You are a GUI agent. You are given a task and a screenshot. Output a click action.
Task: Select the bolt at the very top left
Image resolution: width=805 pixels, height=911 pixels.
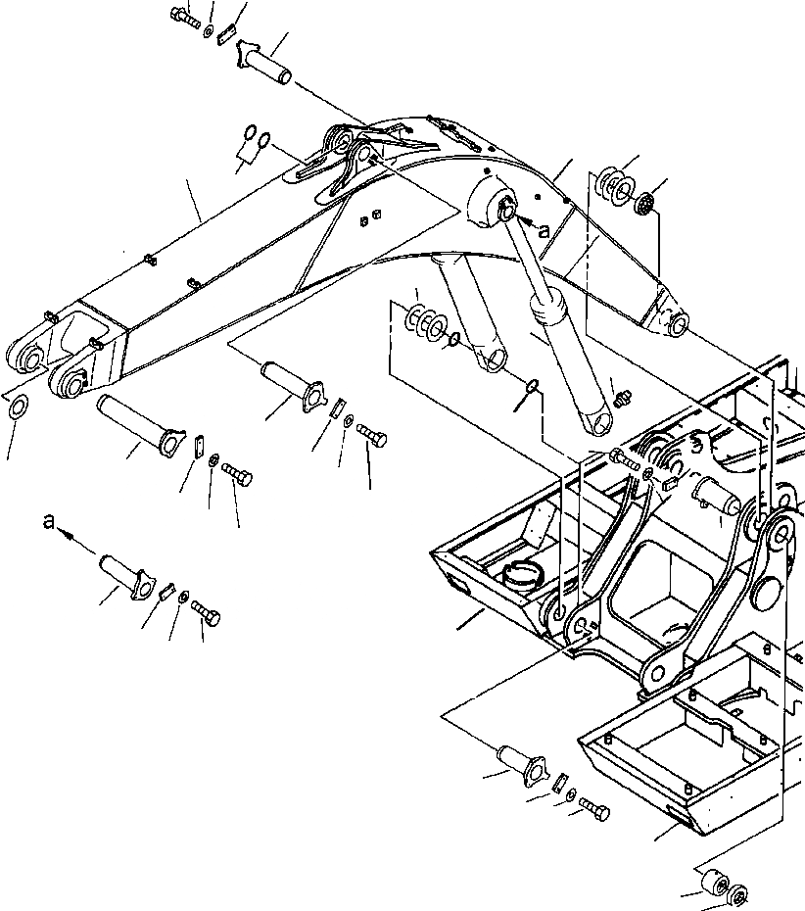[184, 18]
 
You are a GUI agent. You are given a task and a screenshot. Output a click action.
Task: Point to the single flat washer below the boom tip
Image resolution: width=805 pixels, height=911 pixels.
[17, 408]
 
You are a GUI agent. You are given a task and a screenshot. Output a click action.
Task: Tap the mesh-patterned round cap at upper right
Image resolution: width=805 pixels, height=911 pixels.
[643, 206]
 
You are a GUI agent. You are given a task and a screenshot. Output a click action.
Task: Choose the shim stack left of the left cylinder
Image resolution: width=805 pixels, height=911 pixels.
[424, 322]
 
